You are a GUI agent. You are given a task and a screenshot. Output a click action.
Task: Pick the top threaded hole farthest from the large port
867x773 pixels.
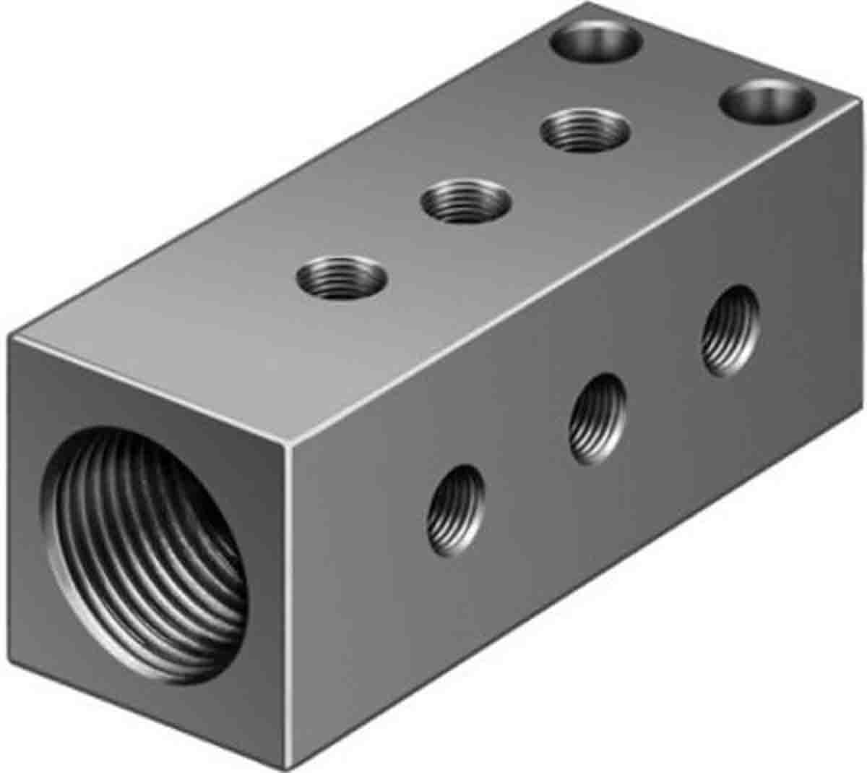(584, 130)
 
